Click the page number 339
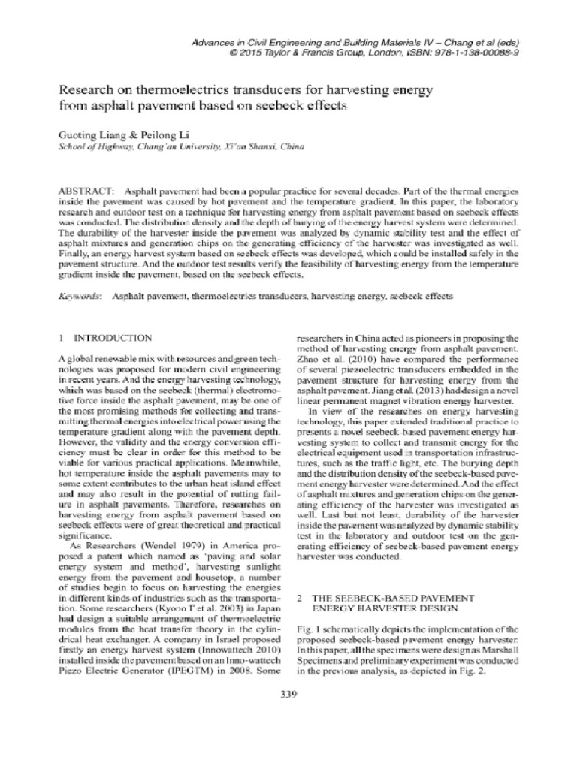point(288,693)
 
